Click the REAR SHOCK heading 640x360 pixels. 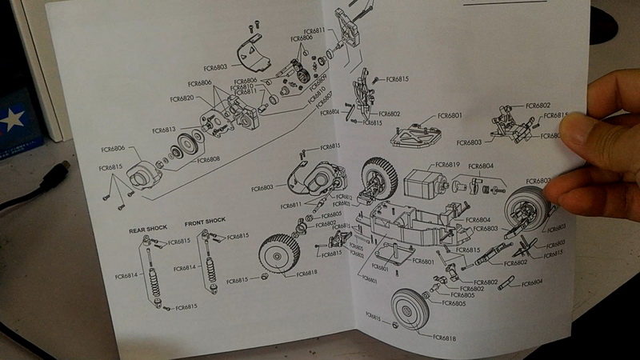[x=148, y=229]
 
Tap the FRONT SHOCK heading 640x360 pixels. [x=205, y=222]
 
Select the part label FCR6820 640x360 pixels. [x=182, y=98]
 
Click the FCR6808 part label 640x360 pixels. [x=209, y=159]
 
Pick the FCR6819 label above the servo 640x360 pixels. [x=446, y=165]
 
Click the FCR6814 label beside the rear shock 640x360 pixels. [x=126, y=276]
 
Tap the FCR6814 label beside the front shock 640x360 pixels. [x=184, y=268]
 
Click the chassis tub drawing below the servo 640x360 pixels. [x=400, y=224]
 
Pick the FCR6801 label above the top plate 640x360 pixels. [x=450, y=116]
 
